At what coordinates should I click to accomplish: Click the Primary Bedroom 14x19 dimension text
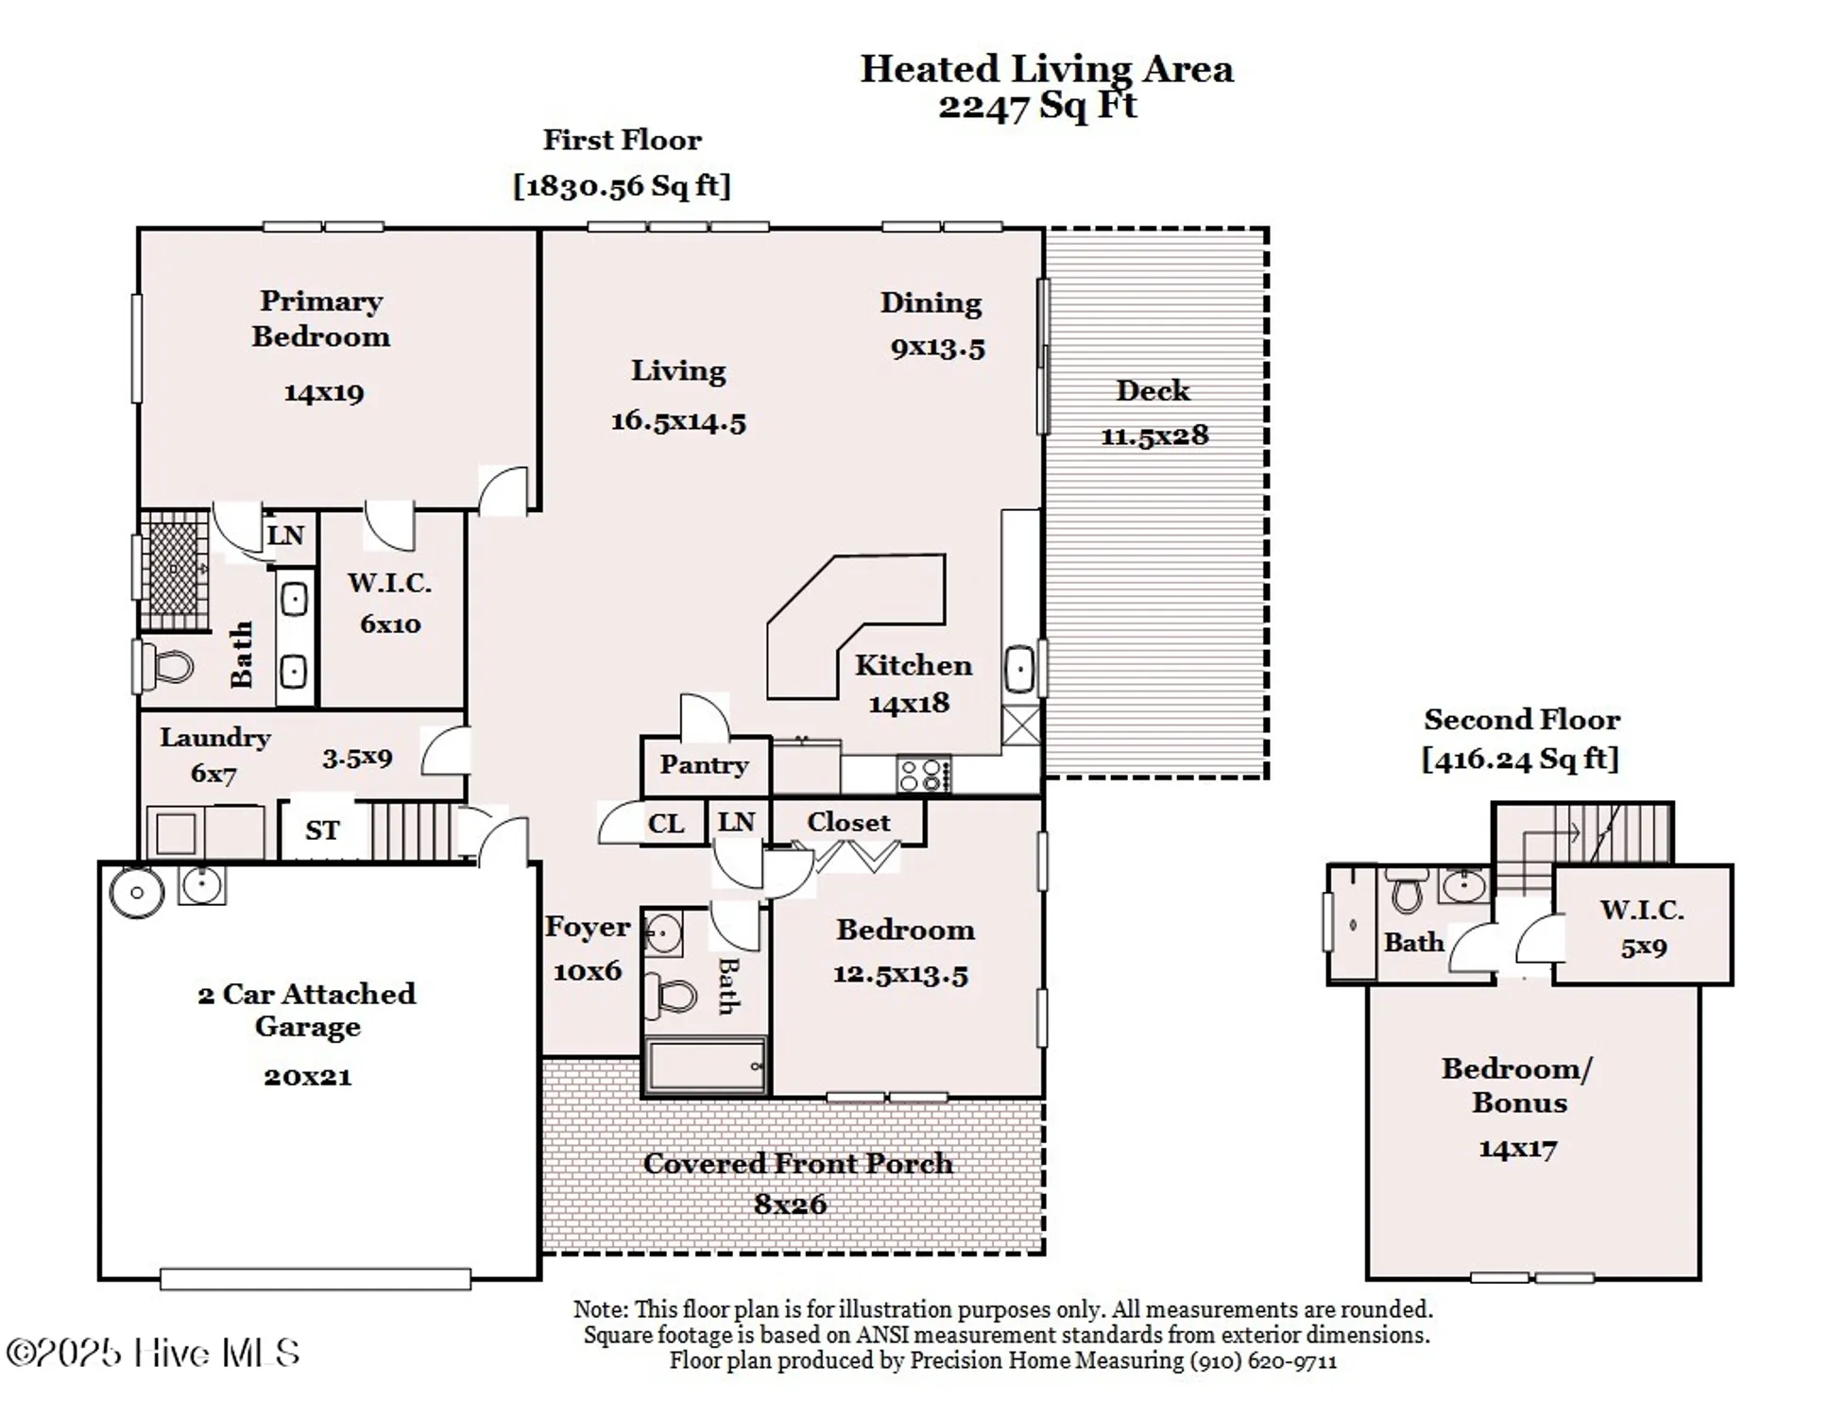coord(324,392)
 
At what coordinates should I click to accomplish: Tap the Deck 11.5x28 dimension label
coord(1154,435)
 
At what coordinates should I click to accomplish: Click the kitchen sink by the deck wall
coord(1019,670)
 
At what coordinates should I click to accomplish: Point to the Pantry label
coord(704,764)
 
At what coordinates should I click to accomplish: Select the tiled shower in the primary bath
coord(174,570)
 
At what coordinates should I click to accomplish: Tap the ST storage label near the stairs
coord(321,830)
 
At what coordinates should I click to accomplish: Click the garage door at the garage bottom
coord(315,1279)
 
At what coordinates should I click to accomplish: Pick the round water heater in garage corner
coord(137,892)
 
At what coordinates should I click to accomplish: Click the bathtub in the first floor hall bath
coord(706,1066)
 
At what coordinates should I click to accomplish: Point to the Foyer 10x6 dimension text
coord(588,971)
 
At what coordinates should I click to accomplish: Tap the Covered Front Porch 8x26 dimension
coord(790,1204)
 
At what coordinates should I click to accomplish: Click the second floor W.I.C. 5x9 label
coord(1643,948)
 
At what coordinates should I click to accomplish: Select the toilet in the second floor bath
coord(1407,892)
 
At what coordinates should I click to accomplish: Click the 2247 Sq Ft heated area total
coord(1037,105)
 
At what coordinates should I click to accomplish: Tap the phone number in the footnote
coord(1263,1361)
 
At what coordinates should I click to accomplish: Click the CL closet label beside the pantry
coord(665,824)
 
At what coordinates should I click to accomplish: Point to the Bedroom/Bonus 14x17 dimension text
coord(1517,1149)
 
